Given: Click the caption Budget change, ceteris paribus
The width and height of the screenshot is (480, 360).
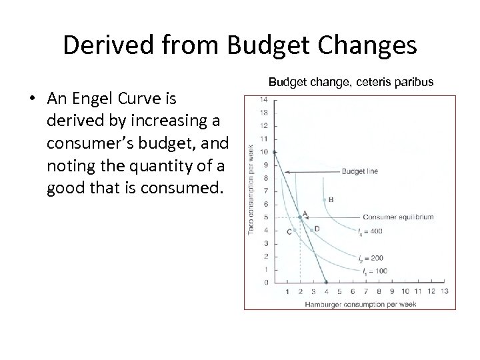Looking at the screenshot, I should coord(351,82).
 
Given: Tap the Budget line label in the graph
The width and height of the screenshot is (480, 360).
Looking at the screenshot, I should coord(359,171).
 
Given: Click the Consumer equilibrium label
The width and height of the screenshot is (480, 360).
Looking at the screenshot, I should coord(399,217).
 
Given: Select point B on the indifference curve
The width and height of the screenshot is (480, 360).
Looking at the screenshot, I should coord(325,199).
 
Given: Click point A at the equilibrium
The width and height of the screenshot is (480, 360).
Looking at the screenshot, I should coord(300,217).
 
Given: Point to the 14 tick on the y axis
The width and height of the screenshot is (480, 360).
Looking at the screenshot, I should coord(265,100).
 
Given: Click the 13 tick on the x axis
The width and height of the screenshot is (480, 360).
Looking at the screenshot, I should coord(444,292).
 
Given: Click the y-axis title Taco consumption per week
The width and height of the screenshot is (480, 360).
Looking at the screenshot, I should coord(251,191).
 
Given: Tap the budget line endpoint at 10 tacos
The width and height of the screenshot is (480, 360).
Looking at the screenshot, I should coord(275,152).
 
